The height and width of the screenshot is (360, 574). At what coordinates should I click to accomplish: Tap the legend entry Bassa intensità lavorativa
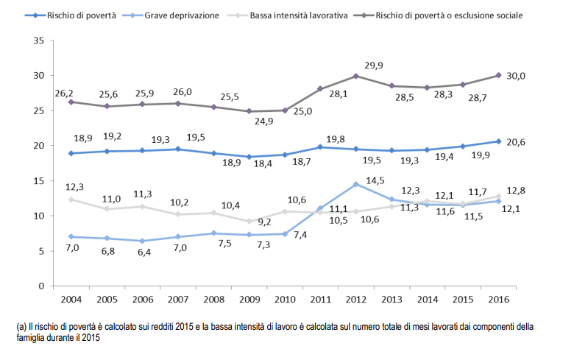point(299,14)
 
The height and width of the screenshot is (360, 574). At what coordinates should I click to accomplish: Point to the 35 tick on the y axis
point(38,40)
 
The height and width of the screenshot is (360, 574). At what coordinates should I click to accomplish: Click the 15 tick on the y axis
point(38,180)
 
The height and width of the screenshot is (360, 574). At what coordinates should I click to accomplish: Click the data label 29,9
point(374,66)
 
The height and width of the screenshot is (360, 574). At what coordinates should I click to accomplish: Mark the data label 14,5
point(375,179)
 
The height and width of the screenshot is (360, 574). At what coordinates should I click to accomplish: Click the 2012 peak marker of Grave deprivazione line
point(356,184)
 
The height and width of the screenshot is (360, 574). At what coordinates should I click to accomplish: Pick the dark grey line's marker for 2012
point(356,76)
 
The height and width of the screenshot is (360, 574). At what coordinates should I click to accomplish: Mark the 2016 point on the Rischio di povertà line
point(498,141)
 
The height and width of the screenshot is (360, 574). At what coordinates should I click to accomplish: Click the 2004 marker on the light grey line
point(71,200)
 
